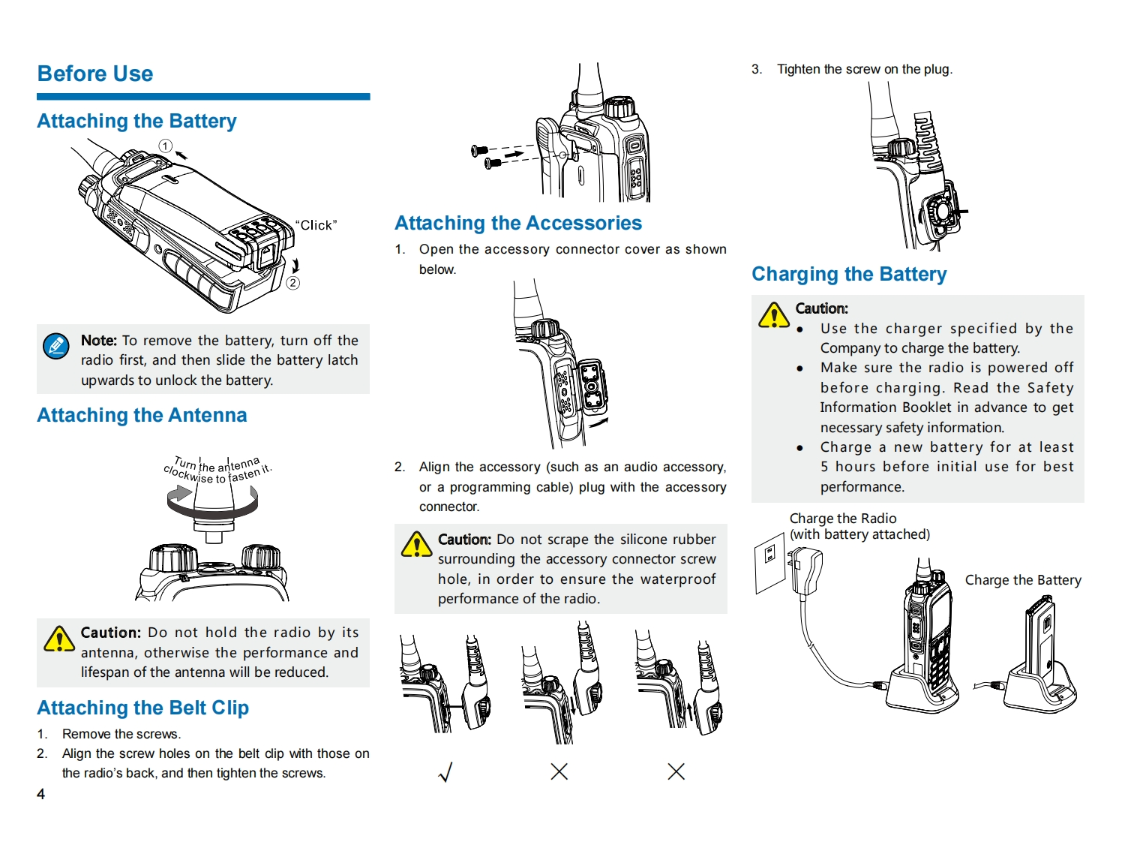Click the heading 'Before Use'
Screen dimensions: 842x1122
point(95,74)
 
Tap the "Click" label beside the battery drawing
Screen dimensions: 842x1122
point(316,225)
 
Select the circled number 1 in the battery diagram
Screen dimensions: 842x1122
point(166,146)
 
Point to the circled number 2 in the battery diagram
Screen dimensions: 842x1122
point(293,283)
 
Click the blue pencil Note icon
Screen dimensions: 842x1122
point(56,346)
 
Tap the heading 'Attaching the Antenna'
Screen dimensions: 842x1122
point(142,415)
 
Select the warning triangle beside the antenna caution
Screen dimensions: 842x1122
point(58,639)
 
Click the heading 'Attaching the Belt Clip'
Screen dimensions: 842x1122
point(142,708)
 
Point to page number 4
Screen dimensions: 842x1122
point(41,794)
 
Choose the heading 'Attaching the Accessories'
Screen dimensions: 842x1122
point(518,223)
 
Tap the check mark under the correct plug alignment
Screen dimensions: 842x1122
point(445,771)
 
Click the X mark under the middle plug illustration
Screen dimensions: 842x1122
point(559,771)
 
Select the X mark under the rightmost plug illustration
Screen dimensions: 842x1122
point(676,771)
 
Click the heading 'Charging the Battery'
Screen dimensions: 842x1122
point(849,274)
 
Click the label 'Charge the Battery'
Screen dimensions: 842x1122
point(1023,580)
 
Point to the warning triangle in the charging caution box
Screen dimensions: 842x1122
point(773,315)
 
